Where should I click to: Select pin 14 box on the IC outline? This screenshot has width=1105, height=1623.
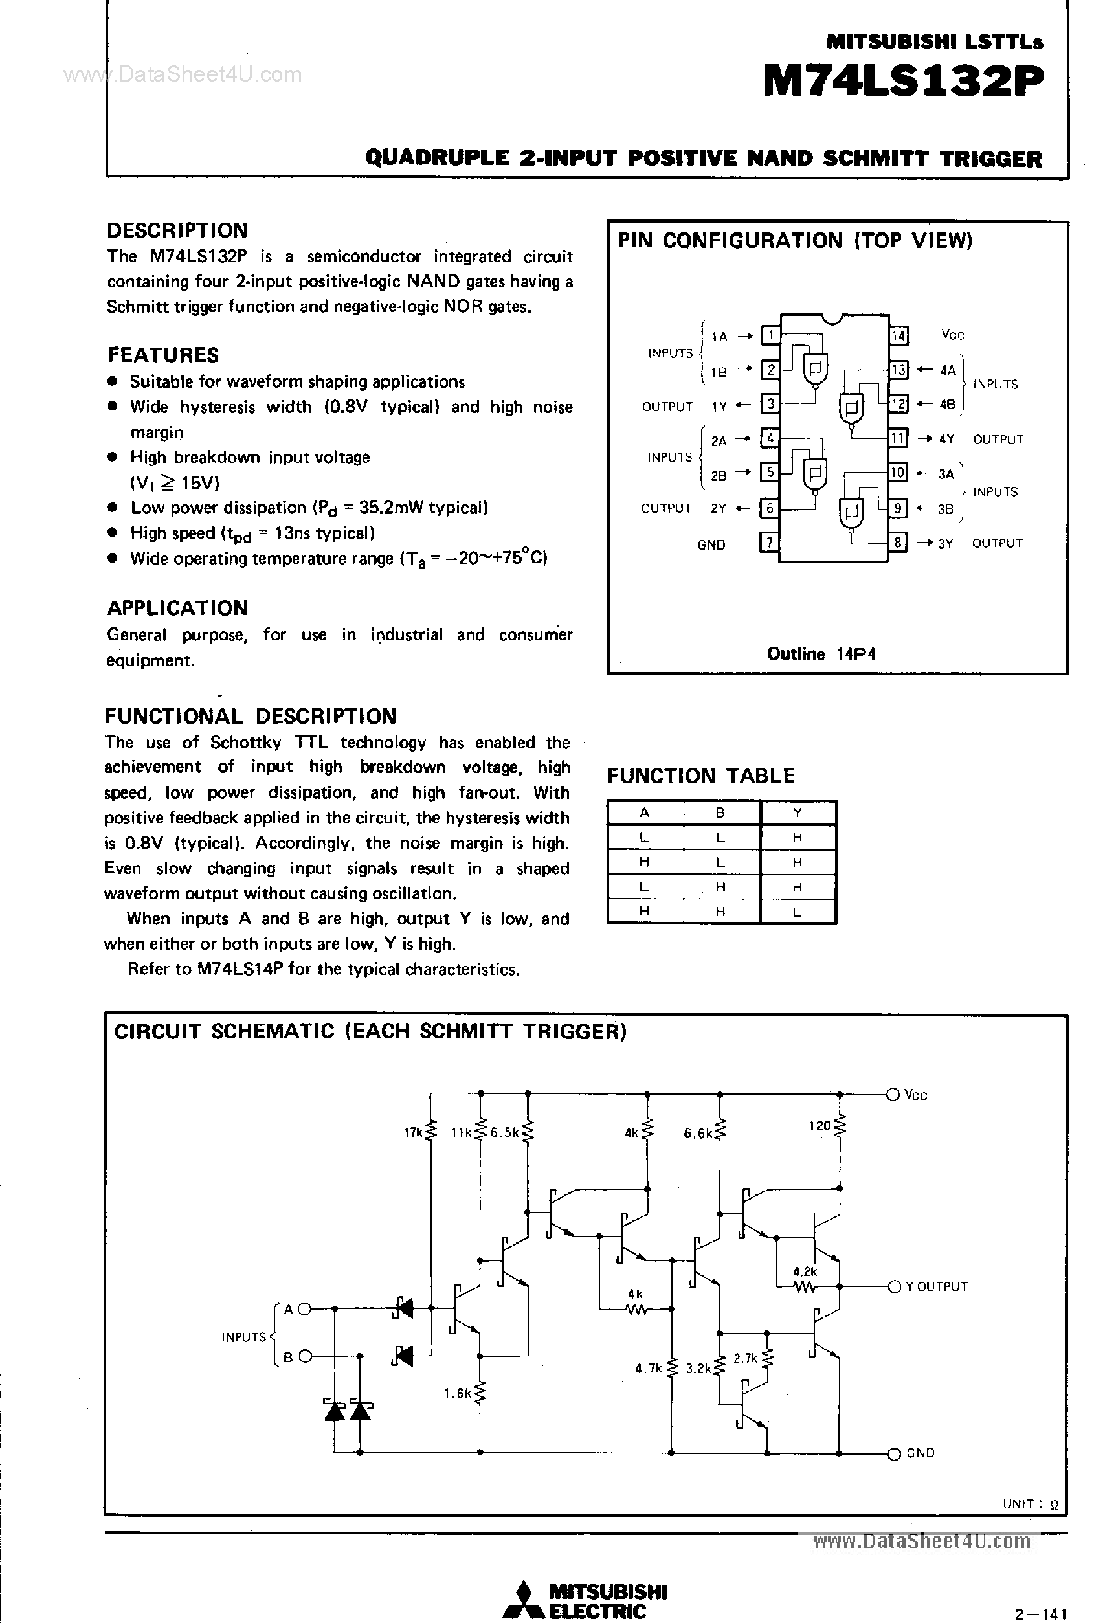click(x=899, y=335)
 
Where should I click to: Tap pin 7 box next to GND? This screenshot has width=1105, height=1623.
click(x=769, y=543)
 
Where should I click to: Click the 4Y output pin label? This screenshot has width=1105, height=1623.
click(x=946, y=438)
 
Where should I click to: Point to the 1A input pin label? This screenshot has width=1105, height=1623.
click(x=719, y=337)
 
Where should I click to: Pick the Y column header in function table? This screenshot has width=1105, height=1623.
click(x=797, y=812)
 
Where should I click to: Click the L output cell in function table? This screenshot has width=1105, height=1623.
click(x=797, y=912)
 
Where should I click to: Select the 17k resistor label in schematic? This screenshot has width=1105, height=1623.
click(x=413, y=1132)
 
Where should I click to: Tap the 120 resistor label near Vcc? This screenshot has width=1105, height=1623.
click(x=820, y=1125)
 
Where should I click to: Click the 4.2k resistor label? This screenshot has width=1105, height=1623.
click(x=805, y=1271)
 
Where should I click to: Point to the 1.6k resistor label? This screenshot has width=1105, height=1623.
click(x=457, y=1393)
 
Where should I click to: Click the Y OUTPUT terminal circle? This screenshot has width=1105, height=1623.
click(x=893, y=1286)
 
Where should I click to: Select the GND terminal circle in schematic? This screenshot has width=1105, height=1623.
click(x=893, y=1453)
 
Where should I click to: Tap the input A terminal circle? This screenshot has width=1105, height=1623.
click(x=304, y=1309)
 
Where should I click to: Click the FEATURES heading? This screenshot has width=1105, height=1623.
click(x=162, y=355)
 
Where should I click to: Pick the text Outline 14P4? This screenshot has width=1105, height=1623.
click(x=821, y=654)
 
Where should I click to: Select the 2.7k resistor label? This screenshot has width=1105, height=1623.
click(x=745, y=1358)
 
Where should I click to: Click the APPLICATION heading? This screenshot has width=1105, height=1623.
click(x=177, y=608)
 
